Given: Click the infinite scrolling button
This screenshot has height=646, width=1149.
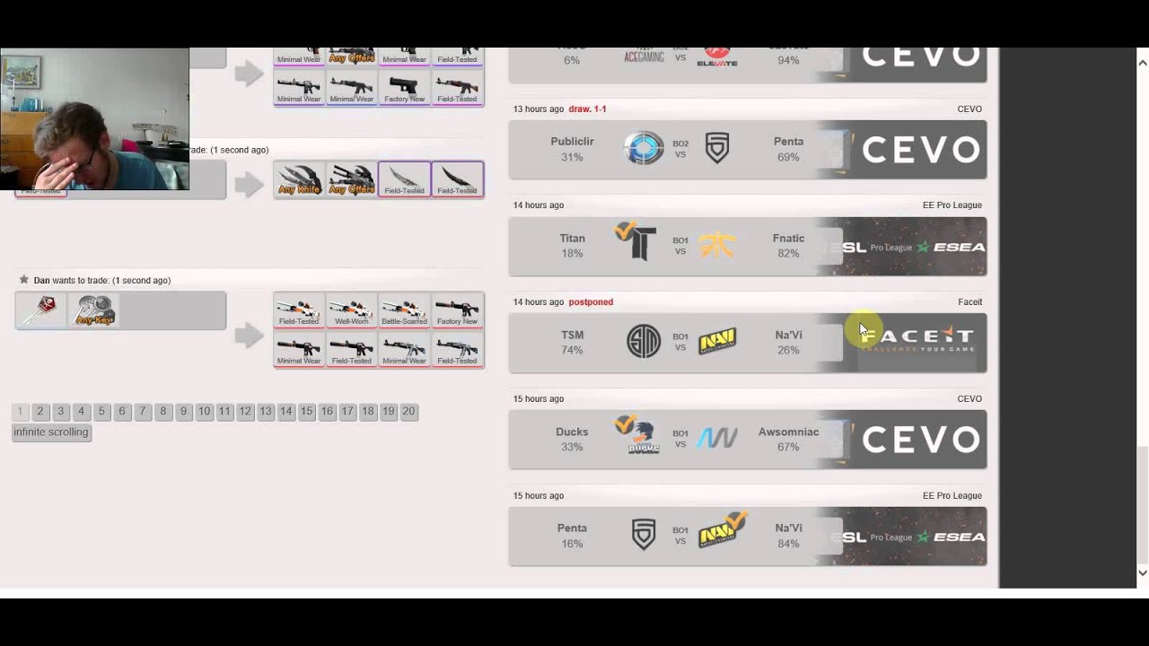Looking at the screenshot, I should pyautogui.click(x=51, y=432).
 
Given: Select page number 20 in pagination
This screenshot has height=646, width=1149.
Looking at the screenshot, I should pyautogui.click(x=408, y=411).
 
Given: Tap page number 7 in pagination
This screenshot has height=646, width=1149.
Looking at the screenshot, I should pyautogui.click(x=142, y=411).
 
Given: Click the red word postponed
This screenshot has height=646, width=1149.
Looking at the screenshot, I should pyautogui.click(x=591, y=301).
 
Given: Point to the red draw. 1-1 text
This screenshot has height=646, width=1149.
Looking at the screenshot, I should pyautogui.click(x=587, y=109).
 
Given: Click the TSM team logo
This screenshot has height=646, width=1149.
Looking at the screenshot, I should pyautogui.click(x=644, y=341).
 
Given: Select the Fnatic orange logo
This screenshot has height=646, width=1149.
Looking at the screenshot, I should pyautogui.click(x=717, y=245).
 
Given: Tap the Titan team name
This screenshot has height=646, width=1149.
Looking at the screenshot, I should pyautogui.click(x=572, y=238).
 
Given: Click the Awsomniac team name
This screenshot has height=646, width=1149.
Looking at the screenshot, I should pyautogui.click(x=788, y=432).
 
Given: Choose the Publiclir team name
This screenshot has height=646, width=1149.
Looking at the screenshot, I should pyautogui.click(x=572, y=141).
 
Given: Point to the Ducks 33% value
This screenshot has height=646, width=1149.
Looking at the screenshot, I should pyautogui.click(x=572, y=447).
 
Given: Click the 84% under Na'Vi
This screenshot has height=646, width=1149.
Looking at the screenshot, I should pyautogui.click(x=788, y=544).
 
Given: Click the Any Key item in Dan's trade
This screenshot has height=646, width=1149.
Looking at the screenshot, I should pyautogui.click(x=94, y=310).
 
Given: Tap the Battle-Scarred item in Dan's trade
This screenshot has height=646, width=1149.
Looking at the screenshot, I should pyautogui.click(x=404, y=310).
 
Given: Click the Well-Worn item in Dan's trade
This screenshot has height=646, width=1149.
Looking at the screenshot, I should pyautogui.click(x=351, y=310).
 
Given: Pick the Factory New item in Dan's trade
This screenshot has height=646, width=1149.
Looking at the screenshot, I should pyautogui.click(x=457, y=310).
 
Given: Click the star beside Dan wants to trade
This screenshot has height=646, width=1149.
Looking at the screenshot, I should pyautogui.click(x=24, y=280).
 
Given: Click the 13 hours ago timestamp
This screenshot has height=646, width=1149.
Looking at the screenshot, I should pyautogui.click(x=538, y=109).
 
